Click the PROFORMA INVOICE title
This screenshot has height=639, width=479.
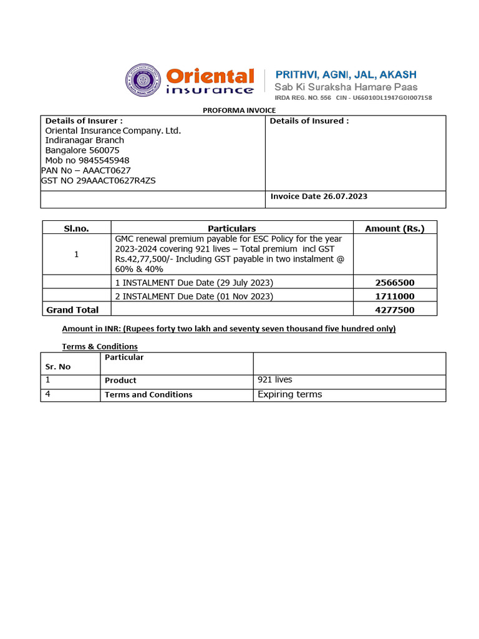coord(239,110)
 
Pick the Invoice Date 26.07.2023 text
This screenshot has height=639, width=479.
coord(319,197)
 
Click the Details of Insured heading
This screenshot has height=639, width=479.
coord(309,121)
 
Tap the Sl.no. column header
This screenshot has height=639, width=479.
coord(76,228)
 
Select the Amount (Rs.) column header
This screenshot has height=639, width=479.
coord(394,228)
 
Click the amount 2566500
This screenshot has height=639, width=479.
coord(394,283)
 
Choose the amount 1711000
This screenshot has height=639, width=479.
coord(394,296)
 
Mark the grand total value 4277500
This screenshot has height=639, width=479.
coord(394,310)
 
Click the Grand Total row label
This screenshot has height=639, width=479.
coord(73,310)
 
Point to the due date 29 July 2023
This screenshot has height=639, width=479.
coord(245,283)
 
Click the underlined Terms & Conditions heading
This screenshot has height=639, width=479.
coord(100,346)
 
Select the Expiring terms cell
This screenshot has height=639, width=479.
coord(289,394)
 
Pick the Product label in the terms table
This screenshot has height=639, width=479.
coord(120,381)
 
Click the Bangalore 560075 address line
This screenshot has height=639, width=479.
coord(82,150)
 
